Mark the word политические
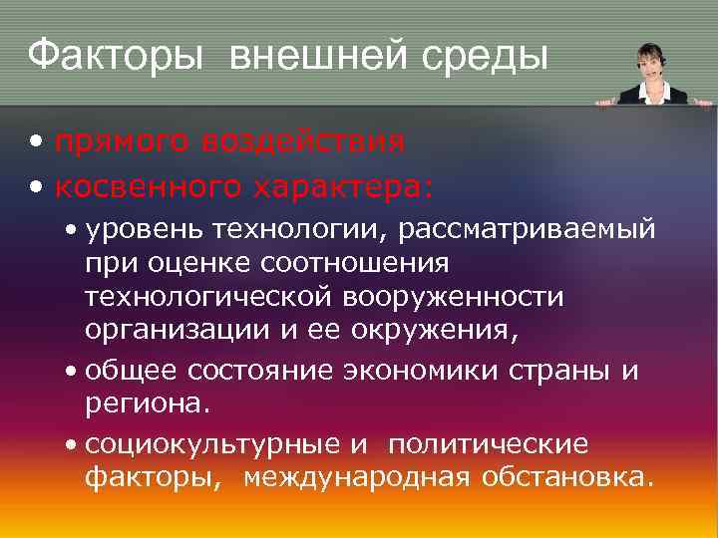pos(489,444)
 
